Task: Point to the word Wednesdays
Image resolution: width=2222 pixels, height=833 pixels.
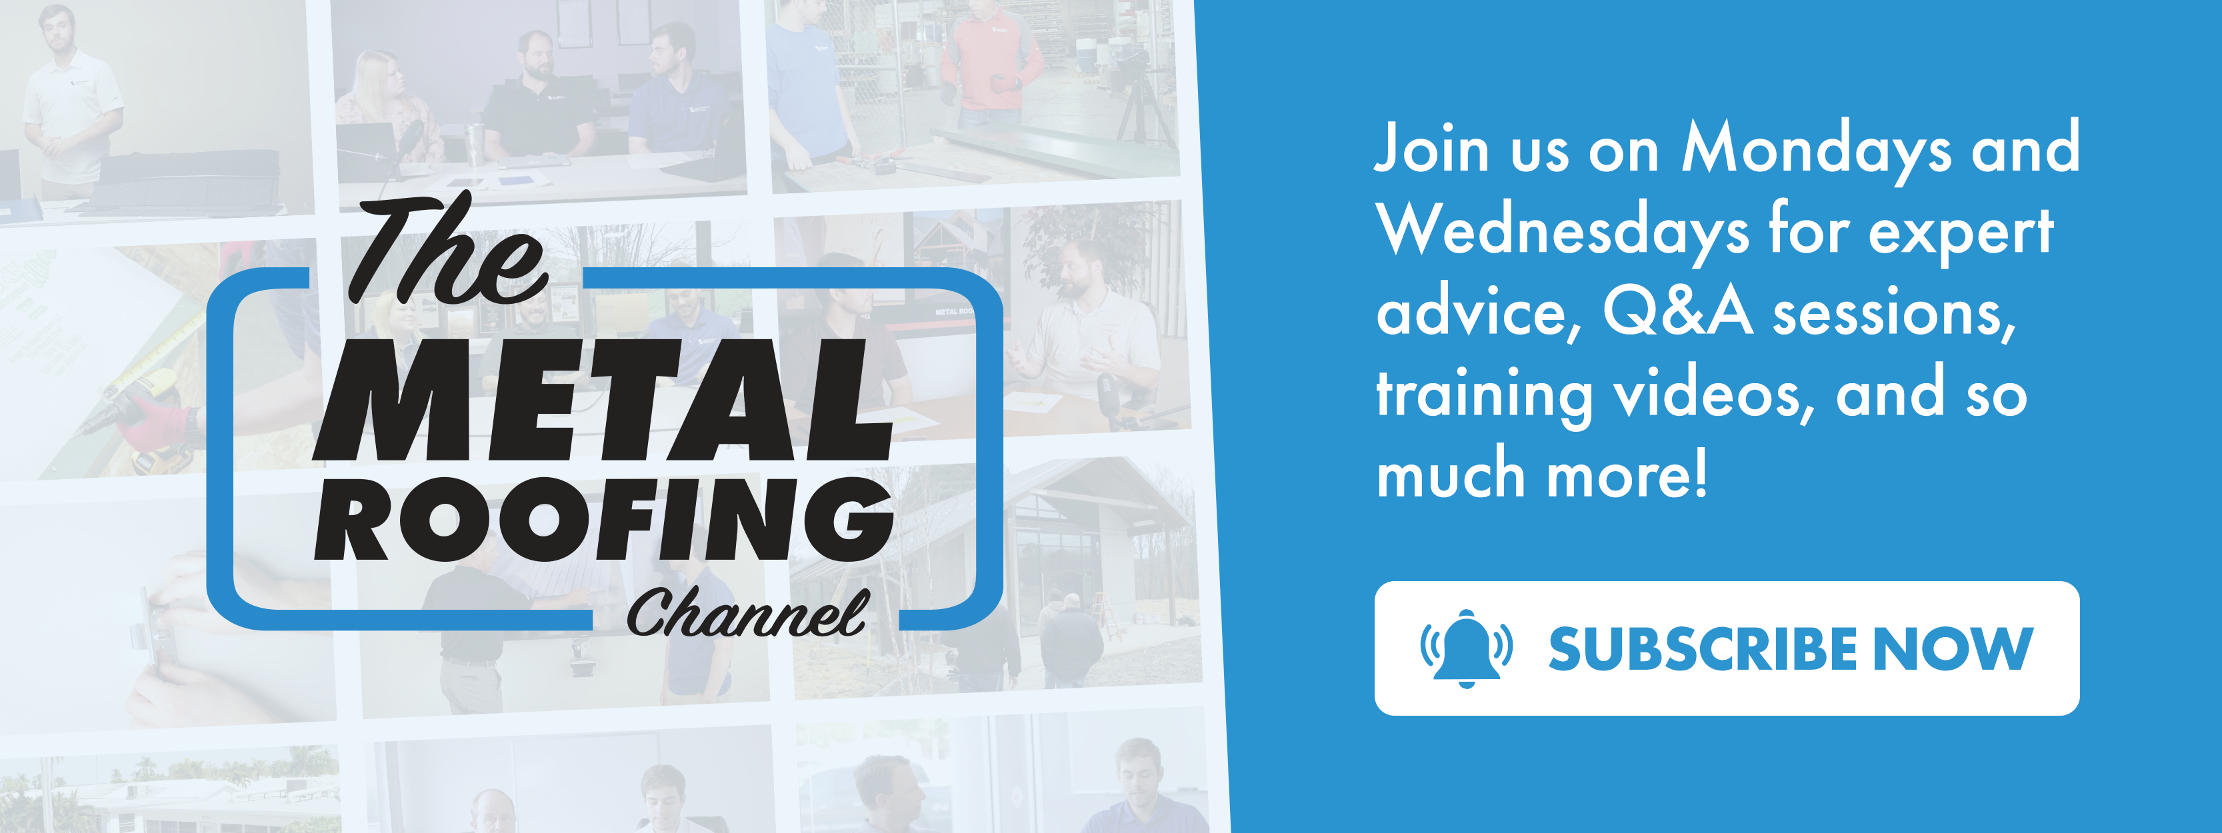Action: pos(1562,231)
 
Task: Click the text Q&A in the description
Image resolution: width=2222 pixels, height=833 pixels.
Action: pos(1678,311)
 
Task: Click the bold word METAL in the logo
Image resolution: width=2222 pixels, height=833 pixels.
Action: pos(603,399)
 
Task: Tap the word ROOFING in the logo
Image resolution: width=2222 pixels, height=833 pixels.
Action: pos(603,519)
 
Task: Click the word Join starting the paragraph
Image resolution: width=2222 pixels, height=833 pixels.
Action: pos(1433,149)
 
